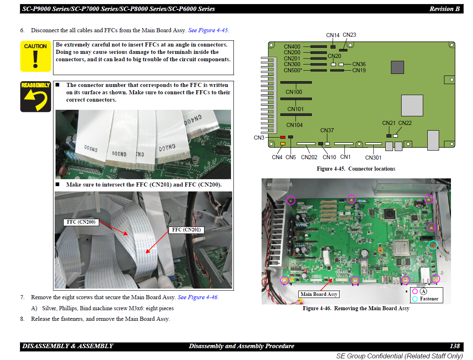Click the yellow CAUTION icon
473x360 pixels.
coord(36,56)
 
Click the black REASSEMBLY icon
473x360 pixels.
coord(36,97)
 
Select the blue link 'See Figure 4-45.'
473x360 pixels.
coord(209,30)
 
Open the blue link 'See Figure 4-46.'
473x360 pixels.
coord(198,297)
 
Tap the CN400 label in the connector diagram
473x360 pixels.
coord(292,47)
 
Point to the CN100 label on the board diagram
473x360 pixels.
coord(294,92)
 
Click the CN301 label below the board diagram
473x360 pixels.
coord(373,158)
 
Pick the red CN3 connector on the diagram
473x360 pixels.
coord(283,138)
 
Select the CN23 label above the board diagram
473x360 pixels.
coord(349,35)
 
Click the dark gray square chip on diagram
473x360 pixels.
coord(397,67)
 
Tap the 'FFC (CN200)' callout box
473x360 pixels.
coord(81,222)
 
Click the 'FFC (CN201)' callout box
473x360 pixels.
coord(187,230)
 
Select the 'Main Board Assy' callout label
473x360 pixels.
coord(319,294)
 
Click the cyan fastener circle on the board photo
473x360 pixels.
coord(433,245)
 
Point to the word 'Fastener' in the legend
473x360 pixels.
coord(429,299)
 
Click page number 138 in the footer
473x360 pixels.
coord(455,346)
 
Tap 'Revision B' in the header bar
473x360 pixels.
coord(444,9)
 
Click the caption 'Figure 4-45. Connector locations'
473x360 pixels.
coord(356,169)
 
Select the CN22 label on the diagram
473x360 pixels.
coord(405,123)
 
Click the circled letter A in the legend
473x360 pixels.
coord(424,291)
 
